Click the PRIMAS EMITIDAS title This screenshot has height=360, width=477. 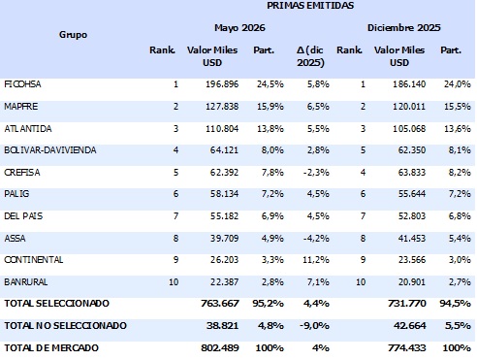point(310,5)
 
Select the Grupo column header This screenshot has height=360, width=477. point(73,34)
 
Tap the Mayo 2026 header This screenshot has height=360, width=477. point(239,27)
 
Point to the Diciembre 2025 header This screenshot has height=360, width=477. point(403,27)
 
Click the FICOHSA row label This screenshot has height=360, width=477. point(22,84)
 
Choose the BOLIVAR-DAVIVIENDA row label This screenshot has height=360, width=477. point(50,150)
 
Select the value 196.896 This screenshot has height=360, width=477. point(222,84)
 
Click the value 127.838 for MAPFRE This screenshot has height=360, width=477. point(222,107)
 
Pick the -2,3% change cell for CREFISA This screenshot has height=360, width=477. point(316,173)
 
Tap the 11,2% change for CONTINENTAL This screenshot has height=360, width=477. point(316,260)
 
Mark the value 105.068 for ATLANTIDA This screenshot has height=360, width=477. point(409,129)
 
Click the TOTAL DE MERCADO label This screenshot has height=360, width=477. point(51,347)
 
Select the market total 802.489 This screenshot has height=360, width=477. point(220,347)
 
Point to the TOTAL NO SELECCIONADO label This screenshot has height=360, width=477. point(65,325)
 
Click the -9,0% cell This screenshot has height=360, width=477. point(314,325)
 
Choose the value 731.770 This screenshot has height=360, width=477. point(407,304)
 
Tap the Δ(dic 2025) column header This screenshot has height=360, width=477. point(310,56)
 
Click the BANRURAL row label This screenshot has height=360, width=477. point(26,282)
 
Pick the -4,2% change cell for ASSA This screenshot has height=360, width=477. point(316,239)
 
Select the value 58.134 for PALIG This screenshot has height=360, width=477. point(224,194)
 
